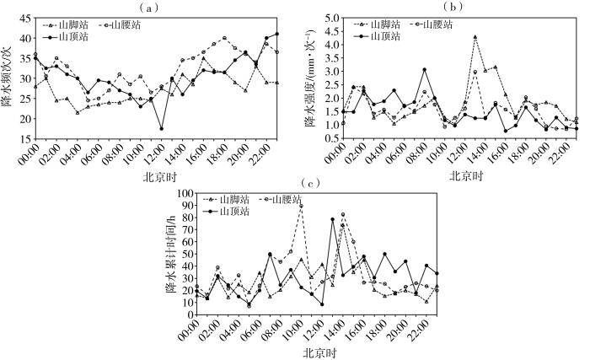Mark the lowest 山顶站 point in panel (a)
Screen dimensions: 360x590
tap(161, 129)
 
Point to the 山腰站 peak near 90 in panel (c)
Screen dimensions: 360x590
tap(301, 206)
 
